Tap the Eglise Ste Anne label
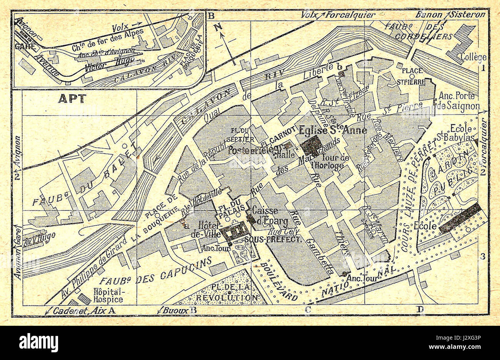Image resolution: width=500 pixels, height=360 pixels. coord(333,131)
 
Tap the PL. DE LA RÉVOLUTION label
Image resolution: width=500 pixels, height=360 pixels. coord(227,293)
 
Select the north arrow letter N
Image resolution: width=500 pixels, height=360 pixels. coord(218,27)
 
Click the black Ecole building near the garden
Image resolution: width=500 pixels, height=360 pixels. coord(460,218)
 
